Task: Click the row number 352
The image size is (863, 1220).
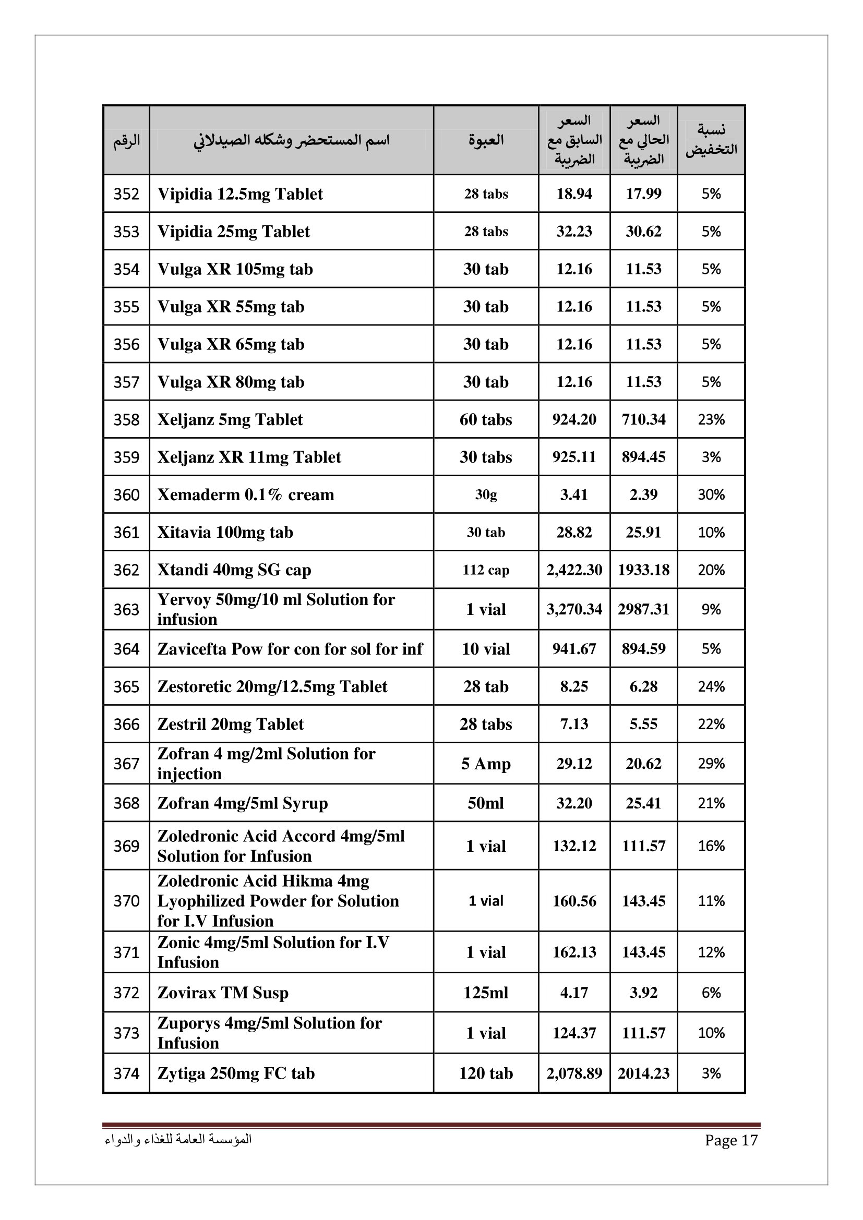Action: [126, 194]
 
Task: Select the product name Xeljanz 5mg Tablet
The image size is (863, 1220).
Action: [230, 420]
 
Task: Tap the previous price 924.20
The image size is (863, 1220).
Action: [574, 420]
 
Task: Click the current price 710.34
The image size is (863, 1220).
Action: [643, 420]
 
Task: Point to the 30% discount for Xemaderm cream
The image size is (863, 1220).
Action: [711, 494]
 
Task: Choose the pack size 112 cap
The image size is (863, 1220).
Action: [486, 570]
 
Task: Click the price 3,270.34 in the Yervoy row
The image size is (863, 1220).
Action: [574, 609]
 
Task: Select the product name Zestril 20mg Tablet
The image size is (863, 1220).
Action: [230, 724]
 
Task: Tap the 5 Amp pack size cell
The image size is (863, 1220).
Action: [486, 764]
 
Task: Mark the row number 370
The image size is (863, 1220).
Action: [126, 901]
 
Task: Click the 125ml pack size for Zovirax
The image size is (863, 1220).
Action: [486, 993]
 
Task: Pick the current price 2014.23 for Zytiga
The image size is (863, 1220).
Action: [643, 1073]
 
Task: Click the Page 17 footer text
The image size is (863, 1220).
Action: [730, 1140]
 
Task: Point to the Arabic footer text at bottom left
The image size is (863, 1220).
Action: [178, 1140]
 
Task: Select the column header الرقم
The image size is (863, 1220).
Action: [126, 140]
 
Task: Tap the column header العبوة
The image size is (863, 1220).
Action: [486, 140]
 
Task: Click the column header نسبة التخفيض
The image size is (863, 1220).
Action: [711, 140]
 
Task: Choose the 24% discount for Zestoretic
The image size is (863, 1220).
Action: [711, 686]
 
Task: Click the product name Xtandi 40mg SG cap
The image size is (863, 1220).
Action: [234, 570]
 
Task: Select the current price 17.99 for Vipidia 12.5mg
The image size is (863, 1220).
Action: [643, 194]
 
